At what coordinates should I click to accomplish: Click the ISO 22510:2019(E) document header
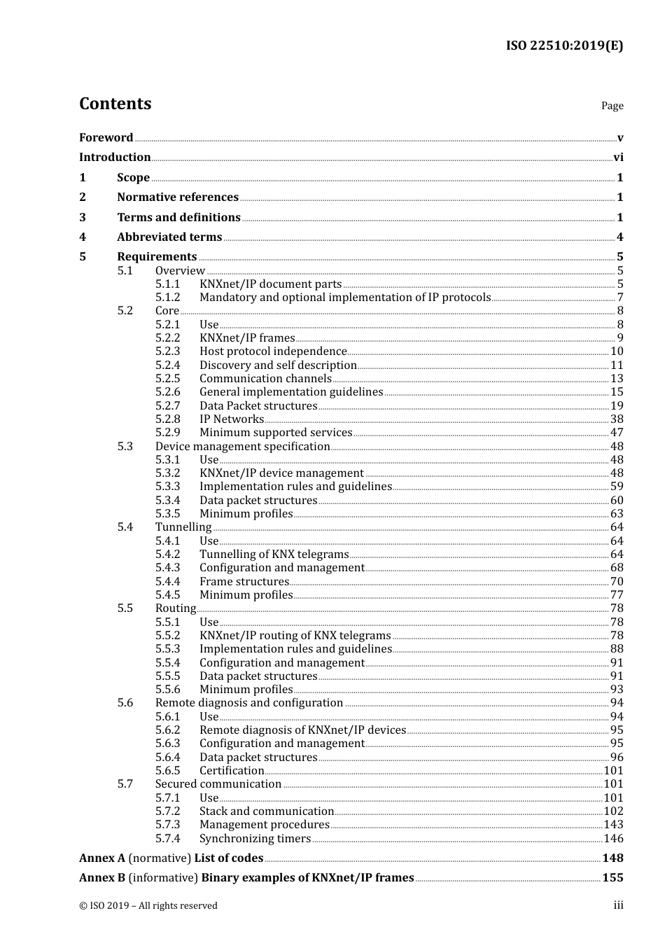pyautogui.click(x=564, y=46)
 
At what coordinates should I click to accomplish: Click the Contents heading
pyautogui.click(x=115, y=104)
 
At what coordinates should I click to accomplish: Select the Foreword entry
pyautogui.click(x=106, y=138)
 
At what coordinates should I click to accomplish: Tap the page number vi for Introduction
pyautogui.click(x=618, y=158)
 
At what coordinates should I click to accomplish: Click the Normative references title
pyautogui.click(x=178, y=197)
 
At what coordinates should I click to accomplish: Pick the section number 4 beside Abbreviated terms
pyautogui.click(x=83, y=237)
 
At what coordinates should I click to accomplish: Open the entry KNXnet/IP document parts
pyautogui.click(x=270, y=284)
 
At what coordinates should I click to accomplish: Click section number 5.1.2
pyautogui.click(x=167, y=298)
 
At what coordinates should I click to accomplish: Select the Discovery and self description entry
pyautogui.click(x=278, y=365)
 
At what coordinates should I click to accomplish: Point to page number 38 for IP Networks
pyautogui.click(x=617, y=419)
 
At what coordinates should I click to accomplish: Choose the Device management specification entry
pyautogui.click(x=242, y=447)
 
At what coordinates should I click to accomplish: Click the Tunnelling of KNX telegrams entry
pyautogui.click(x=274, y=555)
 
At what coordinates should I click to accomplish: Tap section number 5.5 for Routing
pyautogui.click(x=125, y=608)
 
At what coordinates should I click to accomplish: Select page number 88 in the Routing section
pyautogui.click(x=617, y=649)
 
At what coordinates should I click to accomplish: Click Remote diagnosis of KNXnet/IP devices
pyautogui.click(x=302, y=730)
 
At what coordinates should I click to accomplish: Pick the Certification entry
pyautogui.click(x=232, y=771)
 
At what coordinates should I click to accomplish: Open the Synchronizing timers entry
pyautogui.click(x=255, y=839)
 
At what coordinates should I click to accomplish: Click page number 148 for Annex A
pyautogui.click(x=612, y=858)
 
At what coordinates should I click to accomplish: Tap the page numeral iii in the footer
pyautogui.click(x=618, y=906)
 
